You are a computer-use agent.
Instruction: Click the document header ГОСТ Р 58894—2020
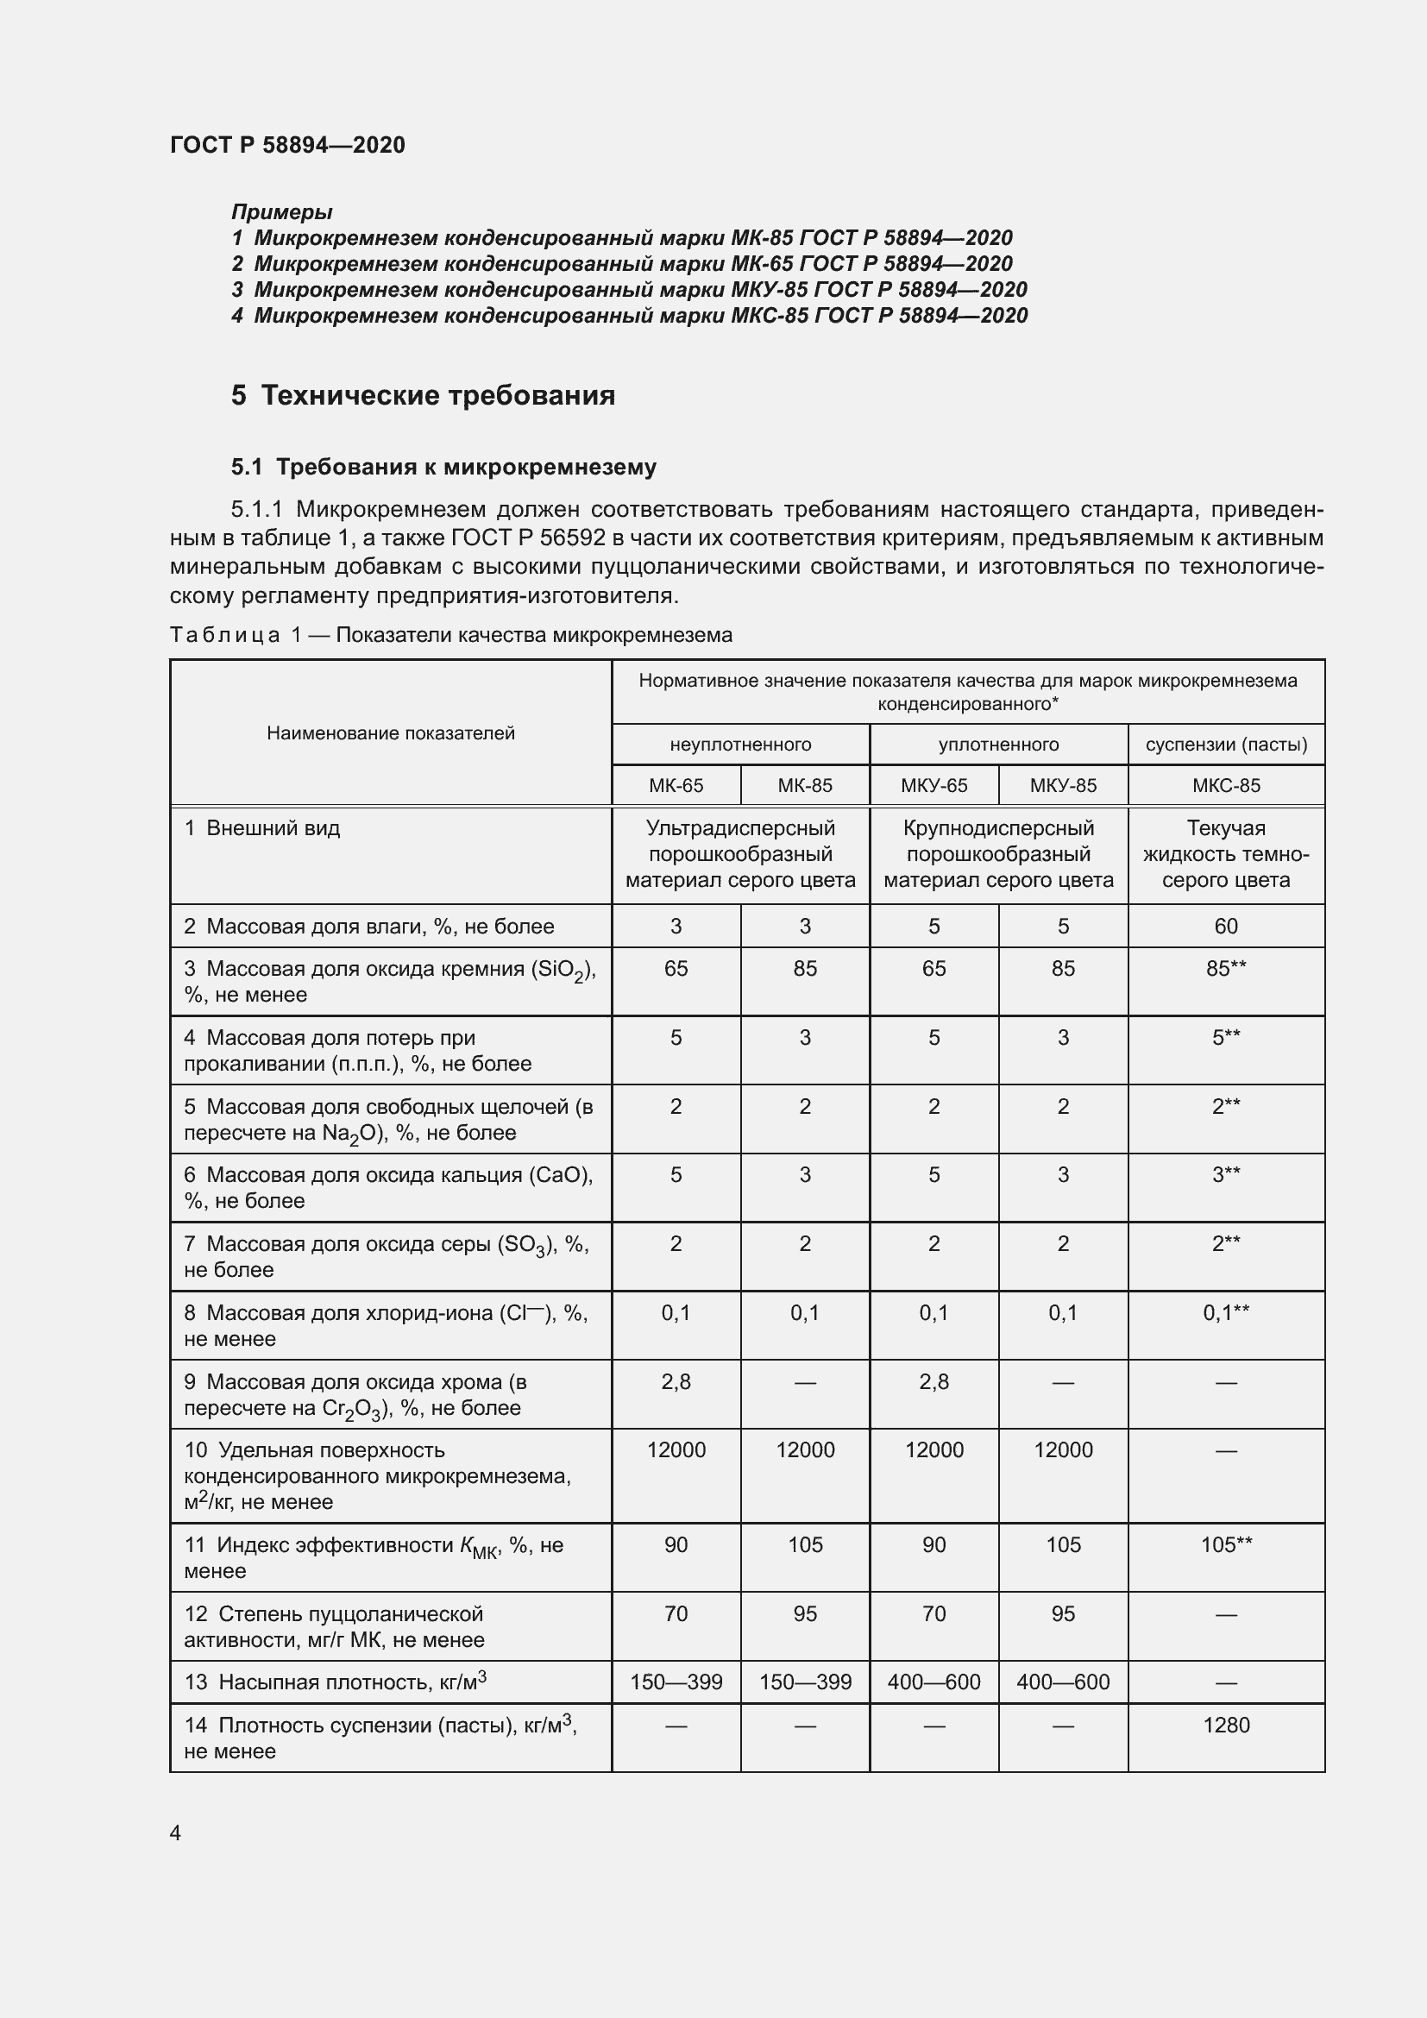287,145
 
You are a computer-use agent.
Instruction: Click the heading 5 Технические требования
423,395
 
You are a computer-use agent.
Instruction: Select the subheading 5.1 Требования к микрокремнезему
443,467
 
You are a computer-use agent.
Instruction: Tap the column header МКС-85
1226,785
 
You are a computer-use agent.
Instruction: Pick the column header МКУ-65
934,785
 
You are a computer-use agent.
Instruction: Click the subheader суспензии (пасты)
1226,745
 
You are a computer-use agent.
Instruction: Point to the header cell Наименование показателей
390,733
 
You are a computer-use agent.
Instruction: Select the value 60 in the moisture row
1226,926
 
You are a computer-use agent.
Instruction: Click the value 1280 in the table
1226,1725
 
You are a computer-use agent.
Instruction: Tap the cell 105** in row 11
1226,1544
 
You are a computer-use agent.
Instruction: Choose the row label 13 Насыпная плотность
335,1682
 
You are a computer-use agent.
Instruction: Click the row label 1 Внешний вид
262,828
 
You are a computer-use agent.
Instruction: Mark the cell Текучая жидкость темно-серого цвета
1226,853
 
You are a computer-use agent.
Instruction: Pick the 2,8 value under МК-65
676,1381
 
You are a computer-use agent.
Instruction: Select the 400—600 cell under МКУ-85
1062,1682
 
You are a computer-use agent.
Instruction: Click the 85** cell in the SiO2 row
1226,968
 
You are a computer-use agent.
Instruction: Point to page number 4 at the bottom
176,1833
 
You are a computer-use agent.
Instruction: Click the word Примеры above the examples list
281,212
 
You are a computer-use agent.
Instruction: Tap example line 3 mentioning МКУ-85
628,289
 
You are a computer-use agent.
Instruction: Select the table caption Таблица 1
449,635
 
